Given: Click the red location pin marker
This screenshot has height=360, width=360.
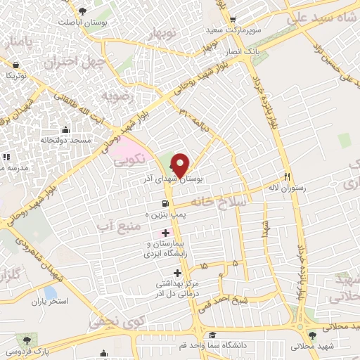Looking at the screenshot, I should point(180,165).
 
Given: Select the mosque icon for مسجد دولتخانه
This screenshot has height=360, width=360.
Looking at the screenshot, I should point(65,129).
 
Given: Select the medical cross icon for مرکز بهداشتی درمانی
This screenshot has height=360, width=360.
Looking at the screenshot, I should point(176,273).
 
